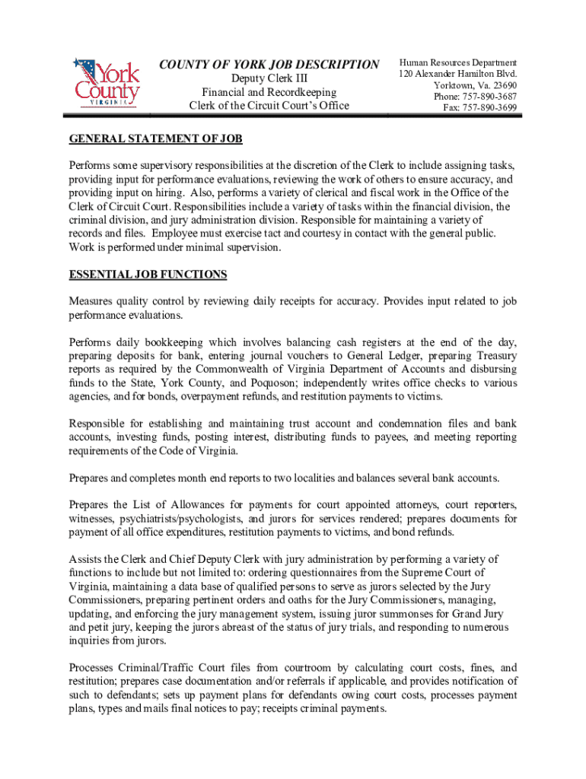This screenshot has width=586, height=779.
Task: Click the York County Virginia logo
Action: (106, 83)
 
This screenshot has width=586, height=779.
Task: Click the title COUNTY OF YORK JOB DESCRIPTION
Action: (269, 65)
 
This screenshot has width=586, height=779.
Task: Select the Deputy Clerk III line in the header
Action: (269, 79)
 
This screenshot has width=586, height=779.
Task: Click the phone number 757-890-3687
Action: (487, 97)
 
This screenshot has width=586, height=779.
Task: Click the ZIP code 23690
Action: (502, 85)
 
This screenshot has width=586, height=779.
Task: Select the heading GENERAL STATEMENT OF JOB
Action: (155, 140)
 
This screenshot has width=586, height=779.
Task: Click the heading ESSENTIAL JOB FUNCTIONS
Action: (148, 274)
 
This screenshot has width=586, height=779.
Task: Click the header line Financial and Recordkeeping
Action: (269, 92)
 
